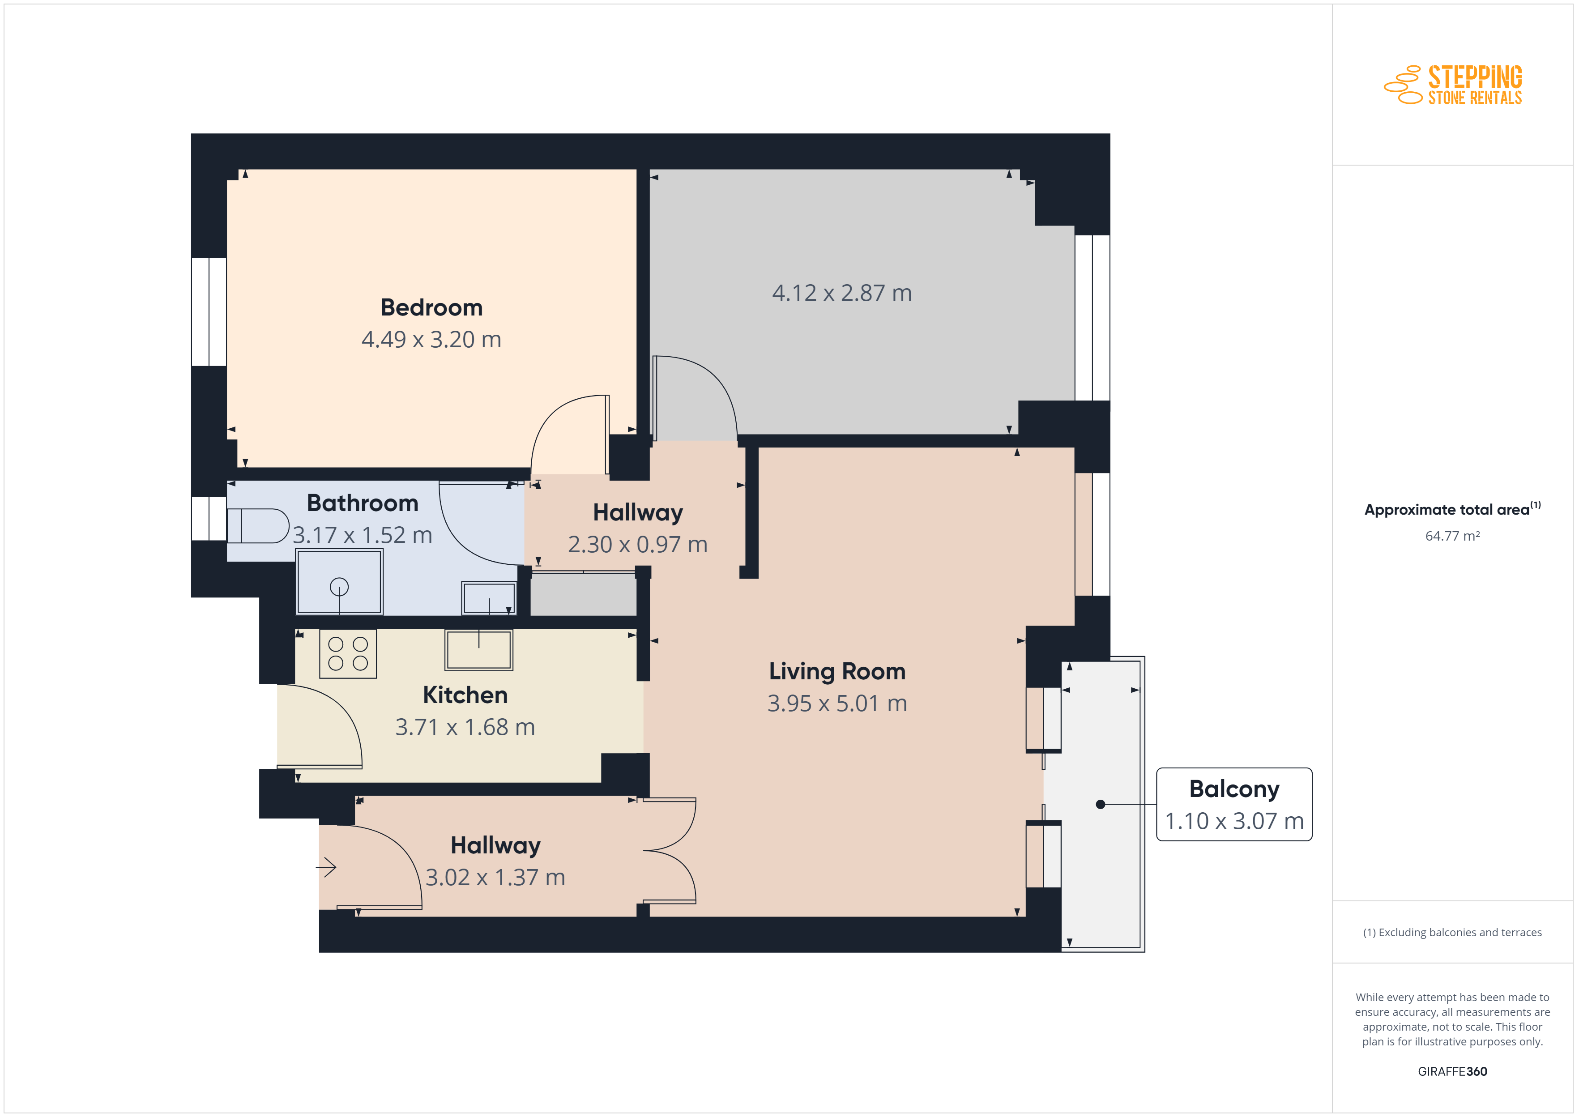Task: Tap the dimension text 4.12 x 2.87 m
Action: pos(842,293)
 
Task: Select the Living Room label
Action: pos(837,671)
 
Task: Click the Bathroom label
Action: pos(363,503)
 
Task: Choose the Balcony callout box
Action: pos(1234,804)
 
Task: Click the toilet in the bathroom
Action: pos(258,526)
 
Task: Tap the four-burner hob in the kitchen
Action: pos(348,653)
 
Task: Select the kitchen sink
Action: pos(478,650)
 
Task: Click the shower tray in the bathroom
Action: pos(339,582)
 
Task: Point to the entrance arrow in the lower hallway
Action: pos(326,867)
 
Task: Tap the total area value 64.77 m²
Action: pos(1452,536)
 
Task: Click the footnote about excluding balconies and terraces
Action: pos(1452,933)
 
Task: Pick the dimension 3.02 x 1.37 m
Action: pos(495,878)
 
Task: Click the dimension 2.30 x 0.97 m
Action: pos(637,545)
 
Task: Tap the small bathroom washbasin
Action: pos(489,598)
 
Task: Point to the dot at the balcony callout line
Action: pos(1101,804)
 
